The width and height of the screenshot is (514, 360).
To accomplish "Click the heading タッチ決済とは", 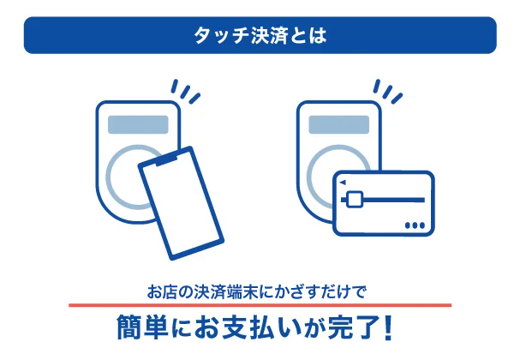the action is pyautogui.click(x=260, y=35).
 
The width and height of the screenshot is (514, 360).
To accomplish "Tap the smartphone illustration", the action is pyautogui.click(x=181, y=203).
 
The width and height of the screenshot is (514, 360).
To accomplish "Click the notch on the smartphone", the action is pyautogui.click(x=166, y=160).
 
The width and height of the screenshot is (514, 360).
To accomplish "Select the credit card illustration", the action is pyautogui.click(x=384, y=203).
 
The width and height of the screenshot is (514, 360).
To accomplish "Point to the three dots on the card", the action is pyautogui.click(x=415, y=225).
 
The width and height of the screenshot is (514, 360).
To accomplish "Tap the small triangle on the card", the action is pyautogui.click(x=343, y=183).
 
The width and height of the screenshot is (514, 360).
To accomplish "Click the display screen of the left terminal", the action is pyautogui.click(x=138, y=124).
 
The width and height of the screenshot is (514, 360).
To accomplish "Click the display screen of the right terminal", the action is pyautogui.click(x=339, y=124).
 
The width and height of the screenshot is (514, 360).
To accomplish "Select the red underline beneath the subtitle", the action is pyautogui.click(x=260, y=305).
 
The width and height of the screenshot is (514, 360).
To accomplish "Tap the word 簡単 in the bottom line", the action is pyautogui.click(x=142, y=328).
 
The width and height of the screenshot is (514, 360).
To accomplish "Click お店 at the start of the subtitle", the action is pyautogui.click(x=160, y=291).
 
